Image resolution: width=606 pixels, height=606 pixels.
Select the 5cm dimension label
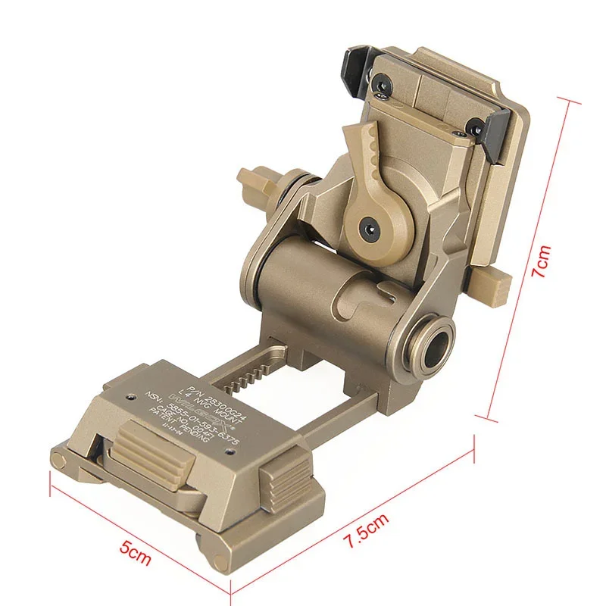(139, 550)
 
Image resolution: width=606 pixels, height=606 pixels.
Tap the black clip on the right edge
(501, 134)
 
